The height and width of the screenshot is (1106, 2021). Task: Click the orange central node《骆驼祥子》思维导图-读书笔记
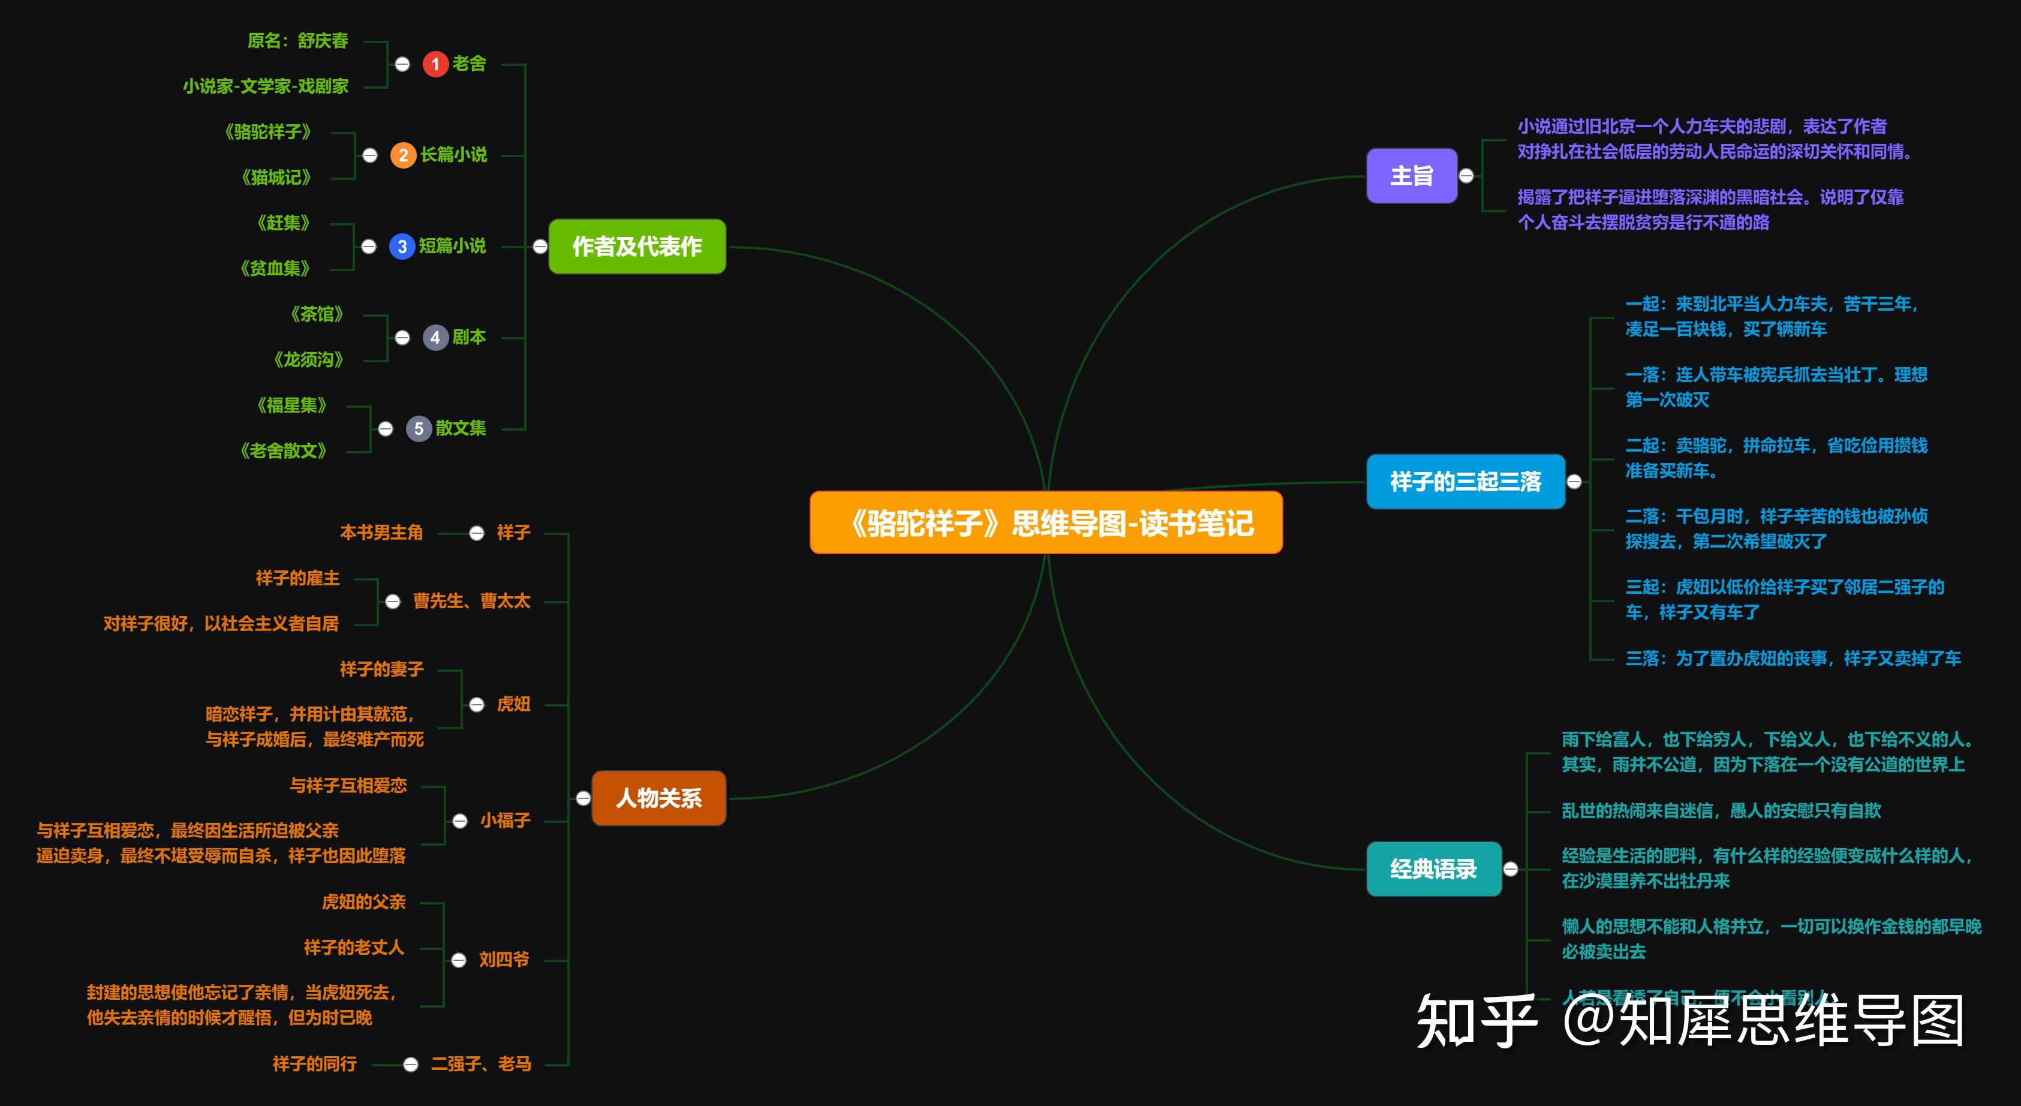(1046, 522)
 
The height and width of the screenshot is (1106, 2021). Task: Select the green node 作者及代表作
(636, 247)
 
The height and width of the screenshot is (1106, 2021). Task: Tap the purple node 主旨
(1412, 176)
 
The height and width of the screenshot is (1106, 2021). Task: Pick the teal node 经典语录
(1433, 868)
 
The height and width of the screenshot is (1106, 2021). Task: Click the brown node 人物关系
(658, 798)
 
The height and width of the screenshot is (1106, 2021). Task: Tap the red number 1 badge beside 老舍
(435, 64)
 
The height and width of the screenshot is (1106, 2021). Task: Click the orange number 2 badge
(402, 155)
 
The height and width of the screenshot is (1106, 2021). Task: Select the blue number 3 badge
(402, 247)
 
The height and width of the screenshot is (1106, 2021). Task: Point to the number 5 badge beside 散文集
(418, 428)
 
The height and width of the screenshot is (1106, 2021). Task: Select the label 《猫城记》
(276, 178)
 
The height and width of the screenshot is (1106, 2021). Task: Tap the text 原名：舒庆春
(297, 41)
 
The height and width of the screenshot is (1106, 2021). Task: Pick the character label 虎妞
(513, 704)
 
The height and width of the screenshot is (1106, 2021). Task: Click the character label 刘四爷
(504, 959)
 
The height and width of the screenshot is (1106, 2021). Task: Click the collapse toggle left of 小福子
(460, 821)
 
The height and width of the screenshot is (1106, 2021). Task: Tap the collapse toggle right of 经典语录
(1510, 868)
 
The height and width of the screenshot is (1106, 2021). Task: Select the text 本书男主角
(381, 533)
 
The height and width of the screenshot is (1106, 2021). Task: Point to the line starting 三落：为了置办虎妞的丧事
(1793, 658)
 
